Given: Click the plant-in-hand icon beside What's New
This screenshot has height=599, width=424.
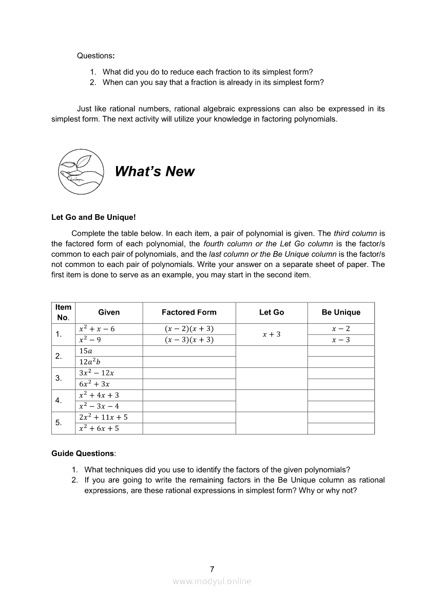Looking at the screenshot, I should [x=81, y=172].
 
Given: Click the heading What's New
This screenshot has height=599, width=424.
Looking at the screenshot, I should [x=155, y=172].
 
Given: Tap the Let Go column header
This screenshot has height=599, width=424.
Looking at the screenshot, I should [x=272, y=312].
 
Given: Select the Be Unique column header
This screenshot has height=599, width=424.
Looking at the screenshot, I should [x=341, y=312].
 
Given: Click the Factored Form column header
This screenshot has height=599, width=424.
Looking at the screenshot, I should [x=189, y=312].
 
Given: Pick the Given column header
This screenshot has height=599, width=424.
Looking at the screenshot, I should [x=109, y=312].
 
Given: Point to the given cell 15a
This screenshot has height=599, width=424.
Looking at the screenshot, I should [x=86, y=351].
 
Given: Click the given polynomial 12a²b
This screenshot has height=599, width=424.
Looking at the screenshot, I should [x=90, y=362].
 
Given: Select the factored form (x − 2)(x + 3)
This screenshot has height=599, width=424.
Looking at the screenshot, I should [x=189, y=328].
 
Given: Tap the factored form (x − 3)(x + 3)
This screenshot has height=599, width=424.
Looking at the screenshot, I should [x=189, y=340].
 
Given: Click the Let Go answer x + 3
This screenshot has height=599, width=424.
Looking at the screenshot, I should [x=272, y=334].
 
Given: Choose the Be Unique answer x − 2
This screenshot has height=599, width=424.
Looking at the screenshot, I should [x=341, y=328].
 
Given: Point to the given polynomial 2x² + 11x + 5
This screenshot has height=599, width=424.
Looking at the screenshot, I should [x=103, y=417].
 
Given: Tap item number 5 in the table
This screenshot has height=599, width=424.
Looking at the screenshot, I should [x=59, y=423].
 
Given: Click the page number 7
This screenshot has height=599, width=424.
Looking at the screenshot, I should [x=212, y=569].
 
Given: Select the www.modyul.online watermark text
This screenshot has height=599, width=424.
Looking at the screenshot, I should [x=212, y=581].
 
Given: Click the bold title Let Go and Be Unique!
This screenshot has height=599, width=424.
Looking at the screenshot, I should [x=93, y=217].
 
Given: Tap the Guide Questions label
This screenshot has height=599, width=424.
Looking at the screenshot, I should [x=84, y=453].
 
